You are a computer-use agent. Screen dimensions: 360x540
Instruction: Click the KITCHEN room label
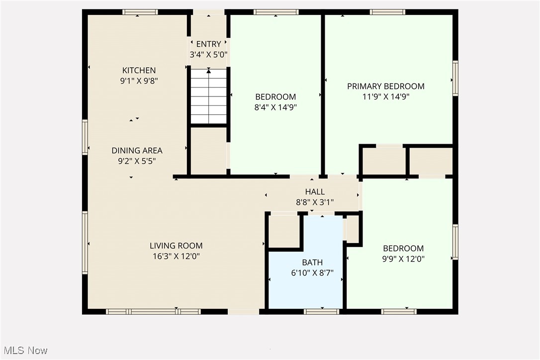click(139, 71)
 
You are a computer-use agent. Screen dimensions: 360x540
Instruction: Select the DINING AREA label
click(137, 151)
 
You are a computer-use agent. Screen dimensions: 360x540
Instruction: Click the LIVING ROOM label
click(176, 246)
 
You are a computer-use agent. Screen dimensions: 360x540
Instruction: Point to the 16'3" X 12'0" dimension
click(176, 257)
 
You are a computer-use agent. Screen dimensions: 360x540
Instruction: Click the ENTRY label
click(208, 44)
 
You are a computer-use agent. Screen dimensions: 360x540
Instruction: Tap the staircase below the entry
click(209, 96)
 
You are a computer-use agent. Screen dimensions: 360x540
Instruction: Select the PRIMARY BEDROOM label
click(386, 87)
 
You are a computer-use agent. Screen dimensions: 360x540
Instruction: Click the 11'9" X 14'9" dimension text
click(386, 97)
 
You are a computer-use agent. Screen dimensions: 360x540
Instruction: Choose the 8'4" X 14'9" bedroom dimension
click(275, 107)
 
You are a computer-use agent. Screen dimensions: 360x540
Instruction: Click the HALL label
click(315, 192)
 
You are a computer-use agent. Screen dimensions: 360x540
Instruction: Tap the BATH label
click(312, 263)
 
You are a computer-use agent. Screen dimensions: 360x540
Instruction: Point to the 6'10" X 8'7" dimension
click(312, 273)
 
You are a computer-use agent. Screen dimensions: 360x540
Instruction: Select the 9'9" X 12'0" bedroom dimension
click(403, 259)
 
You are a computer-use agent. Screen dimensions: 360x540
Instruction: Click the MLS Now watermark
click(24, 351)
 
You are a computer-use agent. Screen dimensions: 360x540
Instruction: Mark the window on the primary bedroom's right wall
click(455, 78)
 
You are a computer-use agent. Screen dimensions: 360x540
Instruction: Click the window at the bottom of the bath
click(321, 312)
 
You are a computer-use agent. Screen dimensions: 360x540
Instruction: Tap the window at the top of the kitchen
click(140, 12)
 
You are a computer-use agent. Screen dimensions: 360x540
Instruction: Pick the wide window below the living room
click(153, 312)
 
